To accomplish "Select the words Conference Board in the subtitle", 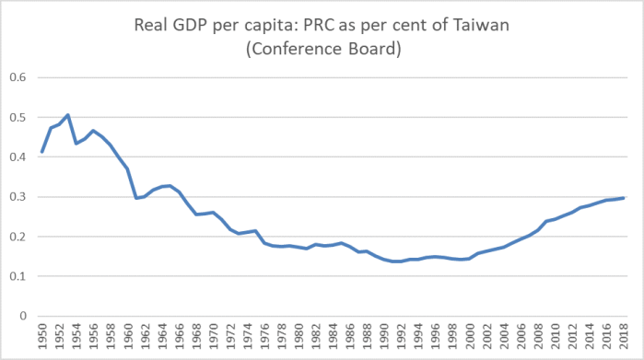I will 322,51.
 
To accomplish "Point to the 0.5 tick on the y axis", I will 18,118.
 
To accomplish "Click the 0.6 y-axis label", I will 18,78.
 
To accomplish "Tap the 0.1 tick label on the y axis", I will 18,276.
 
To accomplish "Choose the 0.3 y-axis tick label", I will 18,197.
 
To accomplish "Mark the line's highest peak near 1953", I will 68,115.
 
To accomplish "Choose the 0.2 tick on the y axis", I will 18,237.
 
